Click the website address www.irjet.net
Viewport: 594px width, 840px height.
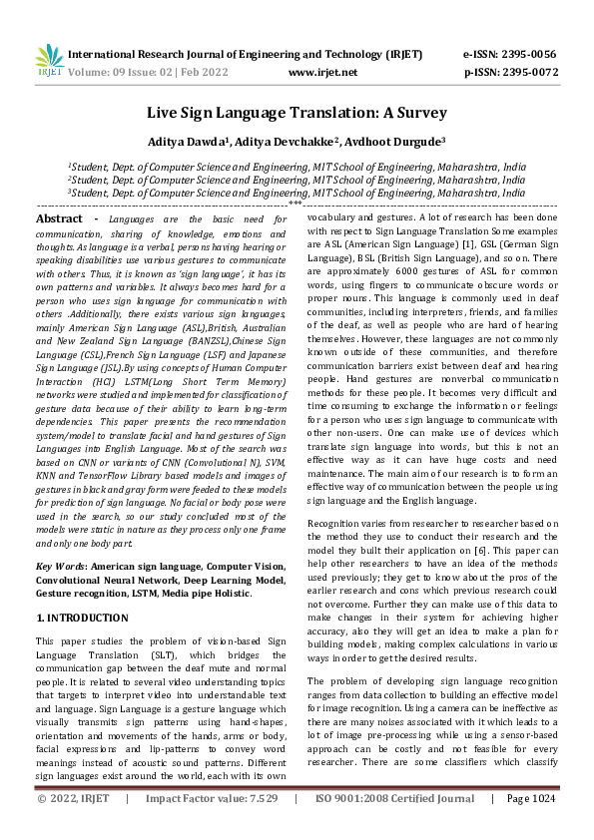pos(321,73)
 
